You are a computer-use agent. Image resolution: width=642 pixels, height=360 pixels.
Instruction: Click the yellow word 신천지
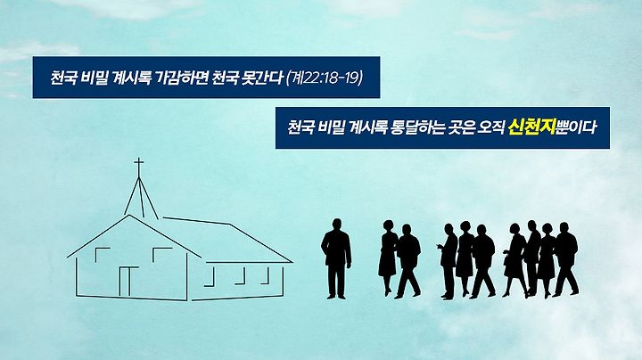(x=531, y=127)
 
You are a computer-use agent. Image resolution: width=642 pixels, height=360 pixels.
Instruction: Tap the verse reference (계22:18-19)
(x=325, y=78)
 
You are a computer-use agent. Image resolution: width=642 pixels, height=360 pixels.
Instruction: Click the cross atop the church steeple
(x=139, y=167)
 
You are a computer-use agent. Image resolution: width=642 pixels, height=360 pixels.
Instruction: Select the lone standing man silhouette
(x=336, y=258)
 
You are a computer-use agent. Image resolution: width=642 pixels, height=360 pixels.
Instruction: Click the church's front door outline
(x=129, y=281)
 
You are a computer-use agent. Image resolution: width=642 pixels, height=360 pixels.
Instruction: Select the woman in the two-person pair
(x=387, y=258)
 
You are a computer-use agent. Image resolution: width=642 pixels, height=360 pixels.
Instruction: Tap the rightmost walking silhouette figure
(x=566, y=259)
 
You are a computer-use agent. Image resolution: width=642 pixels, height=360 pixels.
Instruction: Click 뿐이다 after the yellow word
(x=575, y=127)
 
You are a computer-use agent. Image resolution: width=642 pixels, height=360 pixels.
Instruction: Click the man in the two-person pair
(x=407, y=261)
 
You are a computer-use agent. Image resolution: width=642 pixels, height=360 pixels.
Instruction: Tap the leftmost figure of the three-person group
(x=448, y=261)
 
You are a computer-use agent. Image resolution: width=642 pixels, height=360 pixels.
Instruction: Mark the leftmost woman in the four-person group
(x=515, y=260)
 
